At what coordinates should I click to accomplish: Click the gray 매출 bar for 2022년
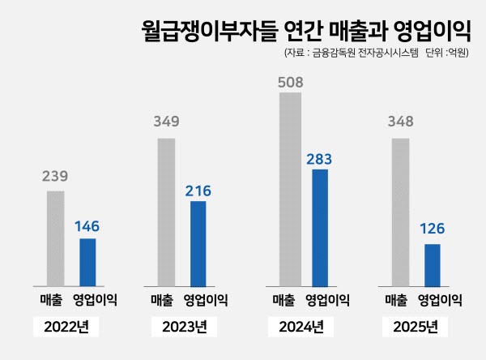[x=55, y=238]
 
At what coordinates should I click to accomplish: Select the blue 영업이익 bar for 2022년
[x=87, y=262]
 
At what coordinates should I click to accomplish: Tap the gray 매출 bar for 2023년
[x=166, y=212]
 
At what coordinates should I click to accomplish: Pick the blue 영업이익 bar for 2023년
[x=198, y=243]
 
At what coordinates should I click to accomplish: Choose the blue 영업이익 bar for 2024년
[x=320, y=227]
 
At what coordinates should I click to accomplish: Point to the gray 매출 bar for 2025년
[x=399, y=212]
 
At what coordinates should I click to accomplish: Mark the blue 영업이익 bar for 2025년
[x=433, y=265]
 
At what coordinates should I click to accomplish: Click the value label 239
[x=55, y=175]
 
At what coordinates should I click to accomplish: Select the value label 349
[x=166, y=122]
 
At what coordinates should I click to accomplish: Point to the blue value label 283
[x=319, y=158]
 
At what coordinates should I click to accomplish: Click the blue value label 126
[x=432, y=229]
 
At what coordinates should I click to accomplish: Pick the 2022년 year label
[x=66, y=328]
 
